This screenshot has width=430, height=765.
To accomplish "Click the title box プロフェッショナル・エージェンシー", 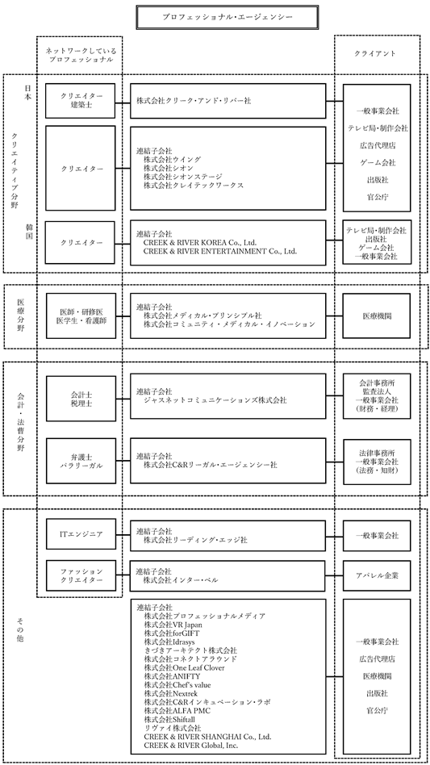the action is pyautogui.click(x=228, y=17).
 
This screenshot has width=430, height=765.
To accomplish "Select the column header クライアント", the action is pyautogui.click(x=375, y=53).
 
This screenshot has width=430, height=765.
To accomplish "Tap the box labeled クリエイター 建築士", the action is pyautogui.click(x=81, y=101).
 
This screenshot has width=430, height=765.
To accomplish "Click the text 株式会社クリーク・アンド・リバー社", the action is pyautogui.click(x=194, y=101).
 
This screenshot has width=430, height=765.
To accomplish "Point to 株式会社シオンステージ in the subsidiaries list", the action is pyautogui.click(x=183, y=177).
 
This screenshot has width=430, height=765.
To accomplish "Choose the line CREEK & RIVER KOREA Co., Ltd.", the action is pyautogui.click(x=200, y=242).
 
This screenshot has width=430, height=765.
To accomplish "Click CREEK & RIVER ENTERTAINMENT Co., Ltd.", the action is pyautogui.click(x=220, y=251).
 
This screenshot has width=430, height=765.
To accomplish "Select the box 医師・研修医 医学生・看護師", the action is pyautogui.click(x=81, y=316).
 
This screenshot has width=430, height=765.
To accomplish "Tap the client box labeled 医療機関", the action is pyautogui.click(x=377, y=316).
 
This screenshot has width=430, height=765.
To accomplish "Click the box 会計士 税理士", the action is pyautogui.click(x=81, y=399).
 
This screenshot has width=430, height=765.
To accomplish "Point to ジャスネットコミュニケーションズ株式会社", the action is pyautogui.click(x=215, y=400).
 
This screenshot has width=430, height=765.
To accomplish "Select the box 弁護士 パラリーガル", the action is pyautogui.click(x=81, y=461).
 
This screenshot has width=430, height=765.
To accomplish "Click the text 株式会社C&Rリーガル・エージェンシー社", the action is pyautogui.click(x=210, y=466).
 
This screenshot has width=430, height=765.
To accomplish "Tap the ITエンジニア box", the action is pyautogui.click(x=81, y=534).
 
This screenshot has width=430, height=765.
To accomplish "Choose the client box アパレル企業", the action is pyautogui.click(x=377, y=575).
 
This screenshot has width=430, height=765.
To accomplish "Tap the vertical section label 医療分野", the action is pyautogui.click(x=21, y=315).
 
